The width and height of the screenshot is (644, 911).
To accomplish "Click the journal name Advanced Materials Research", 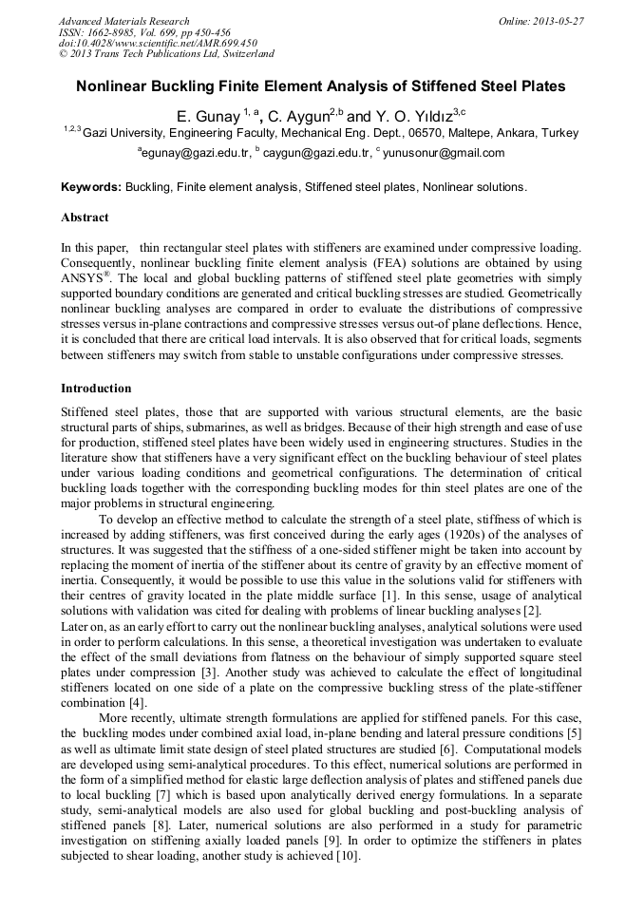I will point(123,21).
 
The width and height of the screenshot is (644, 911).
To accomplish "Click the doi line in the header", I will point(157,44).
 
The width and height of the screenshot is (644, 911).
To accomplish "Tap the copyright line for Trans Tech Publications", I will point(166,54).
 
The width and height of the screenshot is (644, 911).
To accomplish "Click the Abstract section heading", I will point(85,218).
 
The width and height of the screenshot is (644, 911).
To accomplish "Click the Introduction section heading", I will point(96,389).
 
